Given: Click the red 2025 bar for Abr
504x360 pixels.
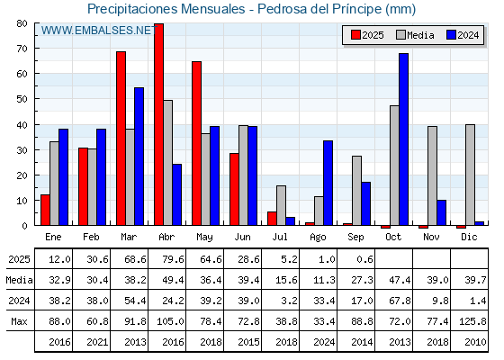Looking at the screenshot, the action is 158,124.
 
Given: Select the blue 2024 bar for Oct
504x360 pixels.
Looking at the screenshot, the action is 404,139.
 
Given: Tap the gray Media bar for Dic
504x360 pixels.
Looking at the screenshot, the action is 470,175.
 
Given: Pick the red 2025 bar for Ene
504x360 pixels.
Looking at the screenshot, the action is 45,210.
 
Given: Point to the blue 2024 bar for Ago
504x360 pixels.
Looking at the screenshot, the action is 328,183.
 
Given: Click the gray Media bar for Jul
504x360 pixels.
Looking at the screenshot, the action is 281,205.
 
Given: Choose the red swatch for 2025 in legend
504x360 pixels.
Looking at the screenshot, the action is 355,35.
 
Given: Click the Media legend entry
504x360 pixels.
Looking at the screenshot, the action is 415,35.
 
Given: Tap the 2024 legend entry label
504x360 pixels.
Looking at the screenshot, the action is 468,35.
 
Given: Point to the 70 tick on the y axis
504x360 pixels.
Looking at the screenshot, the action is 22,49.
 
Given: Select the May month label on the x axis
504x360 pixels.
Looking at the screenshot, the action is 204,238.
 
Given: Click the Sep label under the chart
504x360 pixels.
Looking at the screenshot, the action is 355,238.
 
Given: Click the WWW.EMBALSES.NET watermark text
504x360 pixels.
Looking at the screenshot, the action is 99,31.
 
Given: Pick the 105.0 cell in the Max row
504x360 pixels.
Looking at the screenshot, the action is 170,321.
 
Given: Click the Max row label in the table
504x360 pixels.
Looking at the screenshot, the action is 19,321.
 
